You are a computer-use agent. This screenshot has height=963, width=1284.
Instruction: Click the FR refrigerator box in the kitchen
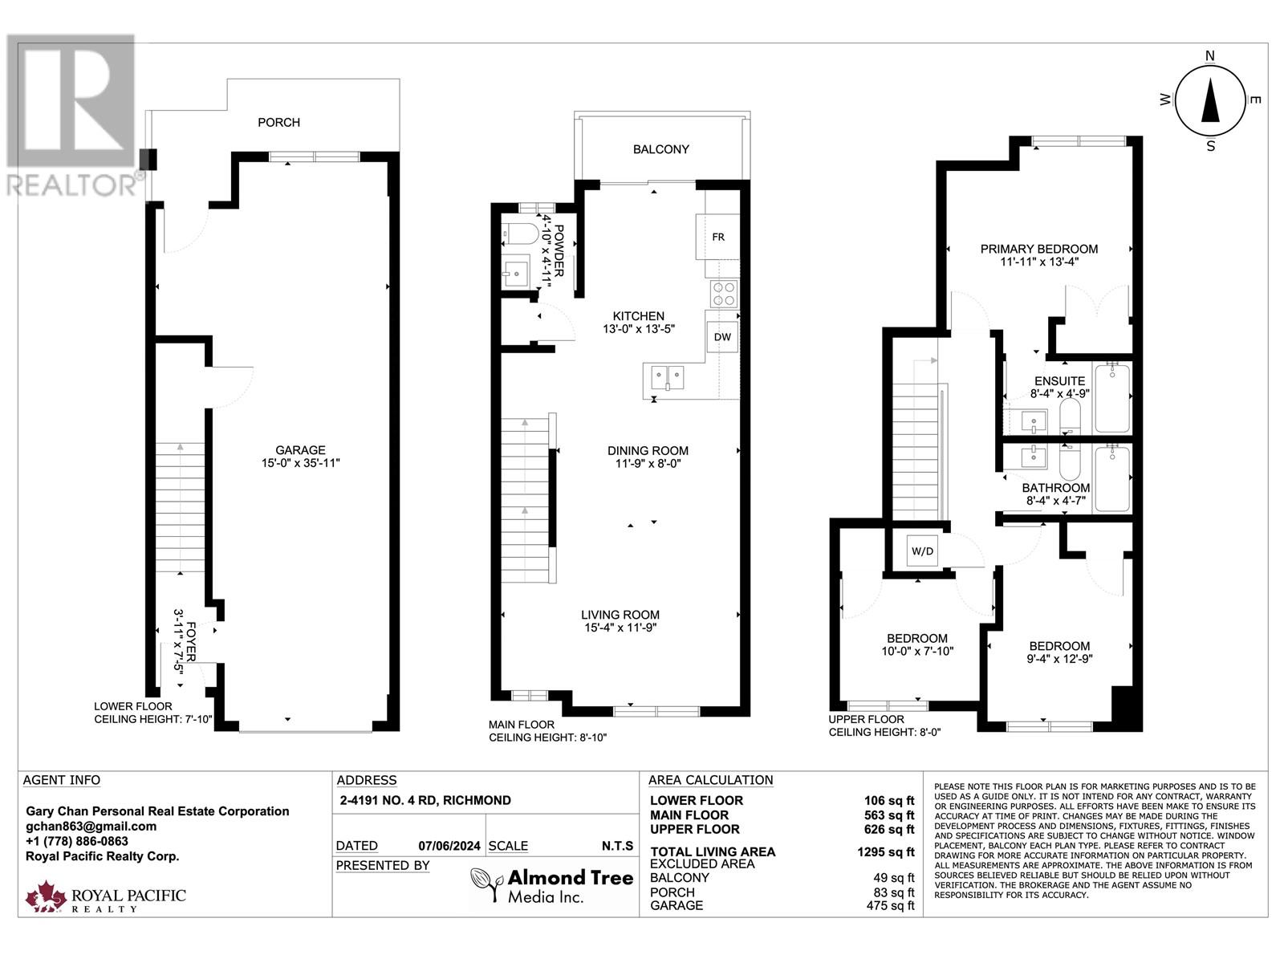[x=717, y=237]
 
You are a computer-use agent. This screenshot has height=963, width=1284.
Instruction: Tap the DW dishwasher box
[x=722, y=337]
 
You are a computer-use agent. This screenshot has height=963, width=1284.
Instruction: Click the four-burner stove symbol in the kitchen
[x=723, y=295]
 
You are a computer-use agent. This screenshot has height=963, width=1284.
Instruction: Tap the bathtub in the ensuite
[x=1112, y=398]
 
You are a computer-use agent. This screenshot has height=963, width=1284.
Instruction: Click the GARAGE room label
[x=300, y=450]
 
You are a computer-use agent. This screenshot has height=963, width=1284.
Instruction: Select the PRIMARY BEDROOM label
[x=1038, y=249]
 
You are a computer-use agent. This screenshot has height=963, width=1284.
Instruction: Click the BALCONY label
[x=660, y=149]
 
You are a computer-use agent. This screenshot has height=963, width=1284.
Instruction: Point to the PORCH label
[x=278, y=122]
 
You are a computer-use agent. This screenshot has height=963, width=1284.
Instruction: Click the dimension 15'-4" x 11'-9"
[x=620, y=628]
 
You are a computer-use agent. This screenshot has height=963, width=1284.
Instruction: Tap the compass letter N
[x=1210, y=55]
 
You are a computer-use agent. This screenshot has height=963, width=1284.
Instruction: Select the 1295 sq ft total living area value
[x=885, y=852]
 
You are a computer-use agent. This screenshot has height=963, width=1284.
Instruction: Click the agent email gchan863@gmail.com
[x=91, y=826]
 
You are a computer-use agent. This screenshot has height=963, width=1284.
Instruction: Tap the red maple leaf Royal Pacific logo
[x=46, y=896]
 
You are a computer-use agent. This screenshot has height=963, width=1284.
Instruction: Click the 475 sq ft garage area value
[x=889, y=905]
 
